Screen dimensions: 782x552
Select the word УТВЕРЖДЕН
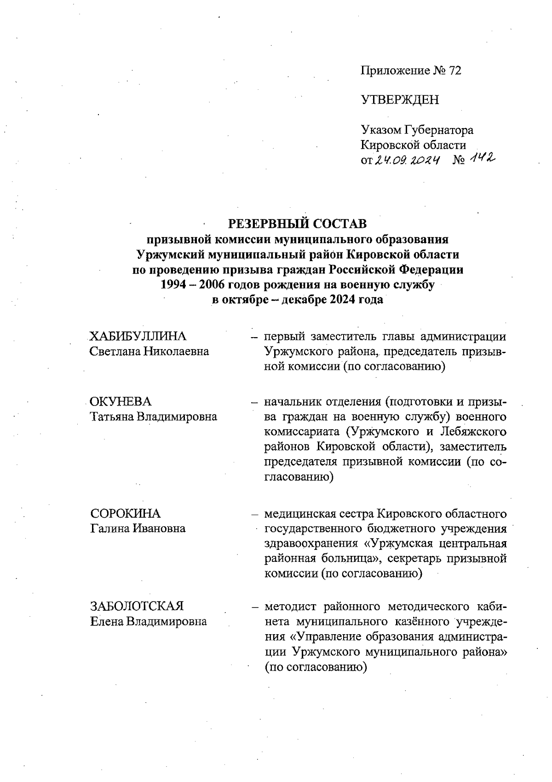click(x=400, y=100)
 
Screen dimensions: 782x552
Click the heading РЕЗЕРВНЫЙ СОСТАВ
click(x=298, y=224)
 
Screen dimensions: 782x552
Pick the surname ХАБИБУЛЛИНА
click(x=138, y=336)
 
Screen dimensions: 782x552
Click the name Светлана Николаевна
click(x=149, y=351)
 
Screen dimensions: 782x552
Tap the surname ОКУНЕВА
click(x=121, y=402)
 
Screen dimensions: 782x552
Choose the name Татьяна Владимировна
click(x=153, y=417)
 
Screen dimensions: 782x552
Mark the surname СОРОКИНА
click(x=126, y=513)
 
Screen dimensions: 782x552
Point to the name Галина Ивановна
click(x=138, y=528)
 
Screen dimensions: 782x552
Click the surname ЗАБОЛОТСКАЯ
click(x=137, y=606)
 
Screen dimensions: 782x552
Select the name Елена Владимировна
click(x=148, y=622)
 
